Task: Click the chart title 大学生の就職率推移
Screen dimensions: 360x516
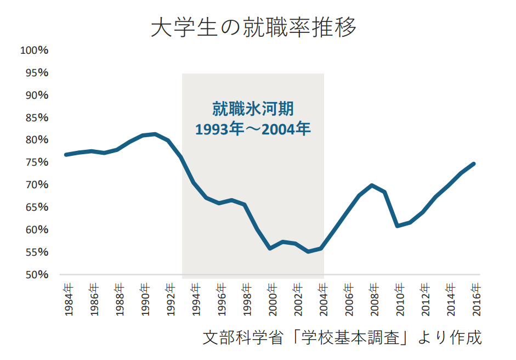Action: pyautogui.click(x=253, y=27)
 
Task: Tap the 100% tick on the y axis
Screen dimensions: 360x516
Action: pyautogui.click(x=34, y=50)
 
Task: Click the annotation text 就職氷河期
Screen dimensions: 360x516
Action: pyautogui.click(x=253, y=109)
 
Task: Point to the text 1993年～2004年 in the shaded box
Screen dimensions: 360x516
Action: pyautogui.click(x=253, y=130)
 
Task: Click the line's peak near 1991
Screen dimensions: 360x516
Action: pyautogui.click(x=155, y=134)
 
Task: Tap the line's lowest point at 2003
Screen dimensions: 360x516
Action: pyautogui.click(x=308, y=251)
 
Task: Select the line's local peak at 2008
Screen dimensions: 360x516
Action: pyautogui.click(x=372, y=185)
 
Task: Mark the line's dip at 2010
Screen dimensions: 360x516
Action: pyautogui.click(x=398, y=226)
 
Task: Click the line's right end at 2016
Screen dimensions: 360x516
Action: pyautogui.click(x=474, y=164)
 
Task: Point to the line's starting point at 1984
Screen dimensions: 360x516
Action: pyautogui.click(x=66, y=155)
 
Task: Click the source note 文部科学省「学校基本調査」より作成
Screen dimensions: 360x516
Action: pyautogui.click(x=342, y=337)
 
